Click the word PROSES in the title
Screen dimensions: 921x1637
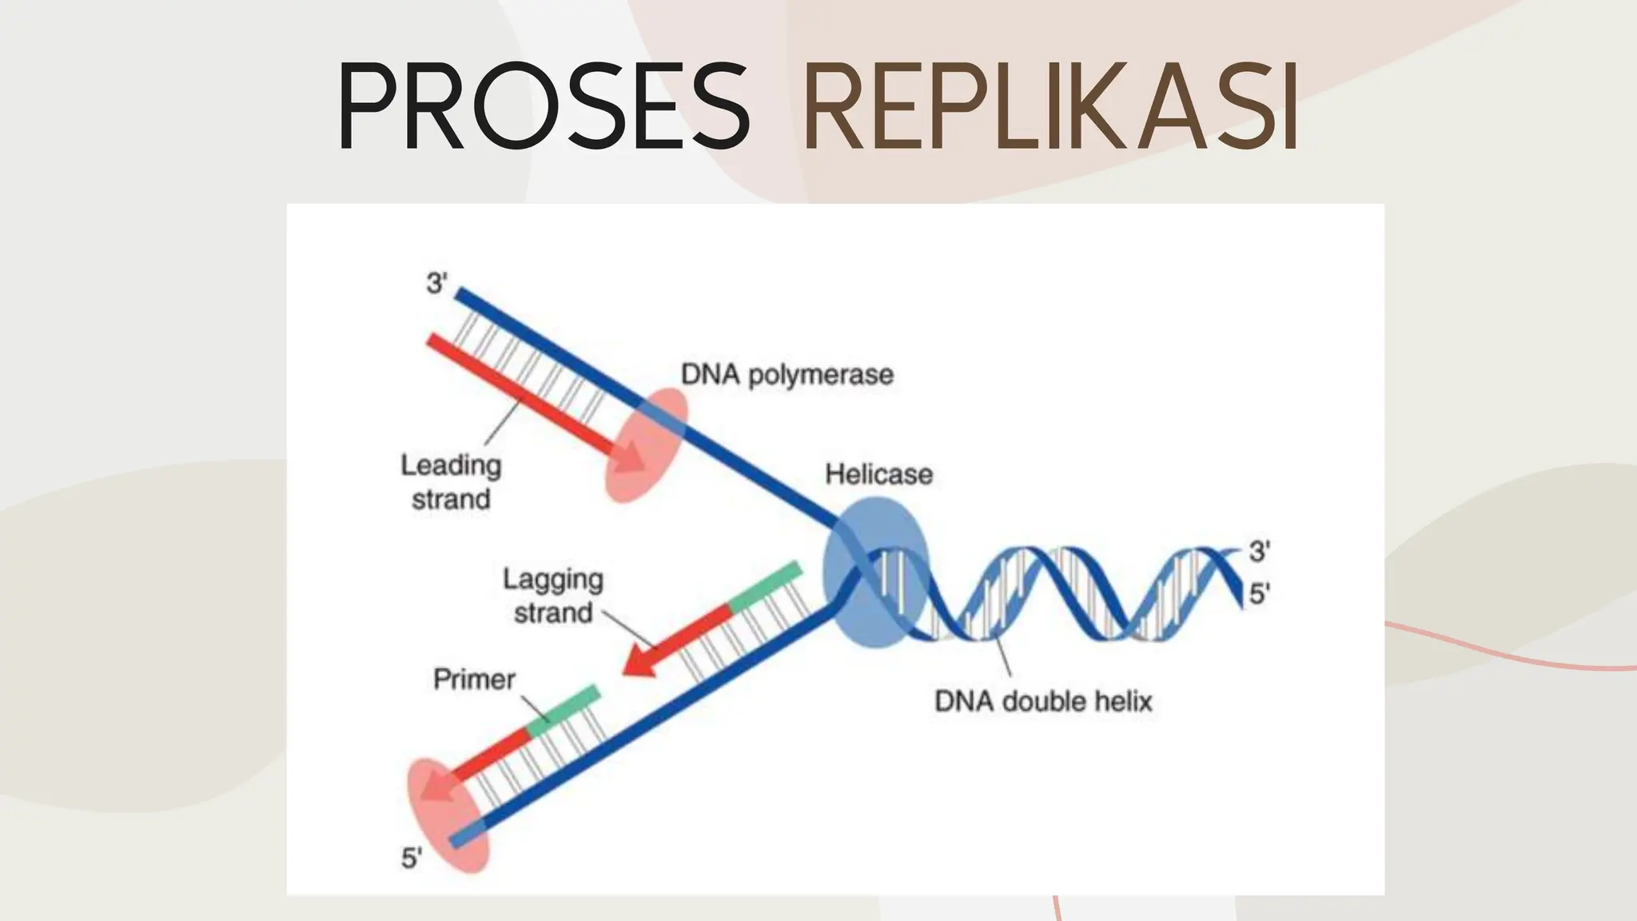pos(544,106)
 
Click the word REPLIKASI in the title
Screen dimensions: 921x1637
pos(1050,106)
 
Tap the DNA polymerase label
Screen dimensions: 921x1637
pos(787,374)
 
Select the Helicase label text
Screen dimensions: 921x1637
pos(878,474)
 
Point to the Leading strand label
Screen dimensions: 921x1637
pos(451,481)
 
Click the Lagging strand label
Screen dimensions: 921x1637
pos(553,596)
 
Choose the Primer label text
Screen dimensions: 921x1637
pos(474,680)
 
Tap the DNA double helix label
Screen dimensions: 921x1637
pos(1043,701)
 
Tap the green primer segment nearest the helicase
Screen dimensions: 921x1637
pos(764,587)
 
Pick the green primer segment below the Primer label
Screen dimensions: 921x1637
pos(563,710)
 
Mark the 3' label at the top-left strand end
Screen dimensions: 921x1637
pos(436,283)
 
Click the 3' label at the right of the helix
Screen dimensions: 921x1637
pos(1259,551)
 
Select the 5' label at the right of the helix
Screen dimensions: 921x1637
pos(1259,593)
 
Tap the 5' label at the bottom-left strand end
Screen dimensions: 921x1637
pos(411,858)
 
